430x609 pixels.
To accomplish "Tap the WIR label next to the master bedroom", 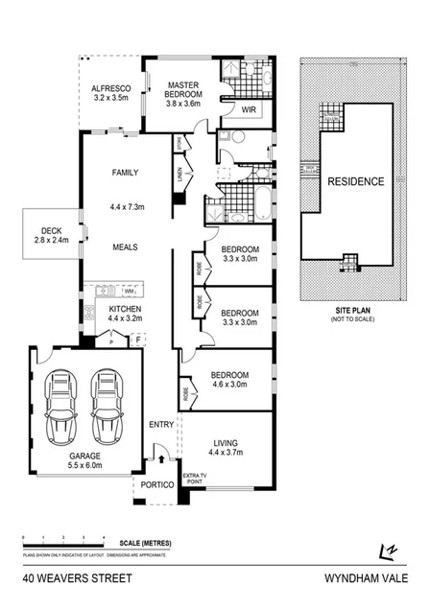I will (x=248, y=110).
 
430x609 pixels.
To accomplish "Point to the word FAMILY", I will (x=126, y=174).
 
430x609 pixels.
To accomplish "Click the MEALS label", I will (x=126, y=246).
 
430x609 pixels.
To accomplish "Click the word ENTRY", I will (x=160, y=424).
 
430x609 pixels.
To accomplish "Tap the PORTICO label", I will (x=156, y=485).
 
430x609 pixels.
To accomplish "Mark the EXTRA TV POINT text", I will (x=195, y=480).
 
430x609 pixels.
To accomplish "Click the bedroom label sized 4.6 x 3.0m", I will (x=230, y=380).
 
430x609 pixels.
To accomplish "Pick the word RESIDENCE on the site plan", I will (x=355, y=181).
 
